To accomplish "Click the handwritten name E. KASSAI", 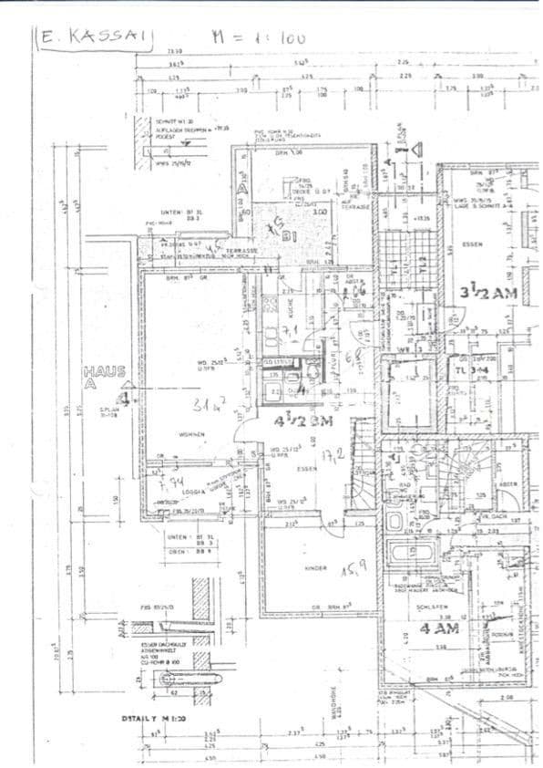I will coord(94,36).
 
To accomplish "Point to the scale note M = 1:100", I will coord(258,37).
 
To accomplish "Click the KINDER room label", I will coord(314,567).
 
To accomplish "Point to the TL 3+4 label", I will coord(474,370).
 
